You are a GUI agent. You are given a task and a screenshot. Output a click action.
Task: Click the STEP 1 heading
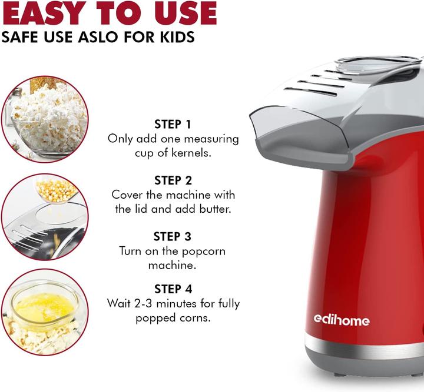click(x=173, y=124)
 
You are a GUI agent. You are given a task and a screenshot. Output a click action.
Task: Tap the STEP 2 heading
click(x=173, y=180)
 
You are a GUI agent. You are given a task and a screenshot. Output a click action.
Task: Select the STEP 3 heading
click(x=173, y=236)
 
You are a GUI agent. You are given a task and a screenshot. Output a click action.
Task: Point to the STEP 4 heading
click(x=173, y=289)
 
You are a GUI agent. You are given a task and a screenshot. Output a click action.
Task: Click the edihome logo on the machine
click(x=341, y=320)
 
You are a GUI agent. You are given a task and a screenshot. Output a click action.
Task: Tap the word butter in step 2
click(x=208, y=209)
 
